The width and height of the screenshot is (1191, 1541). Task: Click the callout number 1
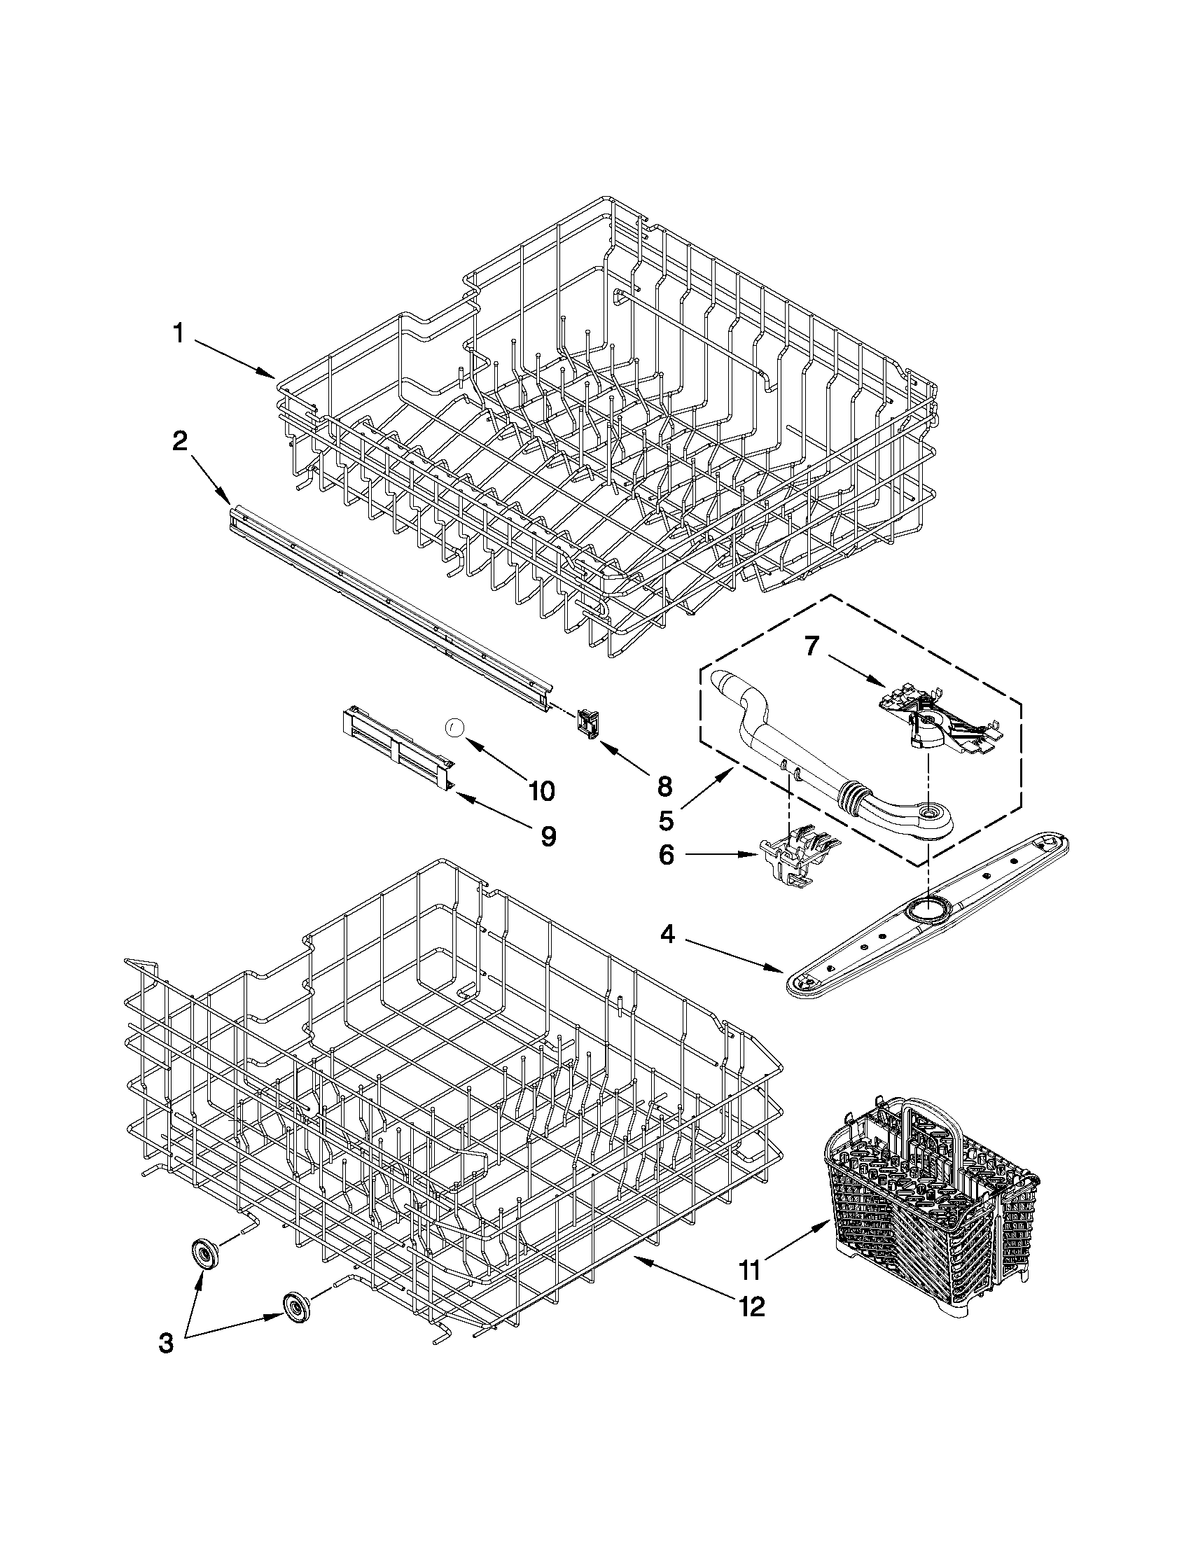(179, 333)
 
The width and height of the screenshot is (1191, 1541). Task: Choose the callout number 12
(751, 1306)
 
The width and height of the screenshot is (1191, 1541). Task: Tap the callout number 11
(750, 1271)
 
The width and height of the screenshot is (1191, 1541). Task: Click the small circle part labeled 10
(455, 727)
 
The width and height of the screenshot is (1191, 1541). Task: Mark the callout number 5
(666, 820)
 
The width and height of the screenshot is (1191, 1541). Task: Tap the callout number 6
(667, 856)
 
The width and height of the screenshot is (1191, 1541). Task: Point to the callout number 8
(664, 786)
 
